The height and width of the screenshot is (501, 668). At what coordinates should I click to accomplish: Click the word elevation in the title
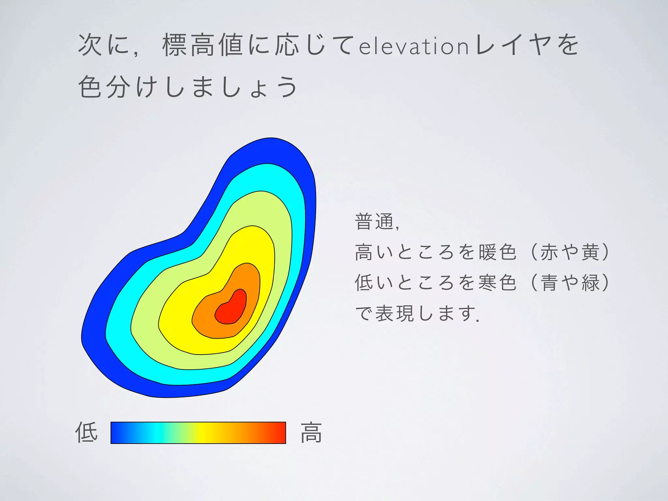[414, 46]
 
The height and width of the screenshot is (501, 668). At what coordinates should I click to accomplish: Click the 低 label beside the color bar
[86, 432]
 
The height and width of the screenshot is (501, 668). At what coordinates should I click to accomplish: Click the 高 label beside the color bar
[311, 433]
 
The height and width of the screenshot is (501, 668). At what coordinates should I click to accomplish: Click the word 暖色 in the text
[498, 252]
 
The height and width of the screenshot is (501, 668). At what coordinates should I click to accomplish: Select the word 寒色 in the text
[498, 282]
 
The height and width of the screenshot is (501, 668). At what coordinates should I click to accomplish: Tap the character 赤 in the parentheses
[550, 252]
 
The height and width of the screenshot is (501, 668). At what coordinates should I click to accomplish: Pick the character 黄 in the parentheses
[591, 252]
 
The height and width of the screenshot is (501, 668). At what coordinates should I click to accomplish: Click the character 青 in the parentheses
[550, 282]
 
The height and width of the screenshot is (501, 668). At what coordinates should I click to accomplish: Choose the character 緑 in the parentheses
[591, 282]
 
